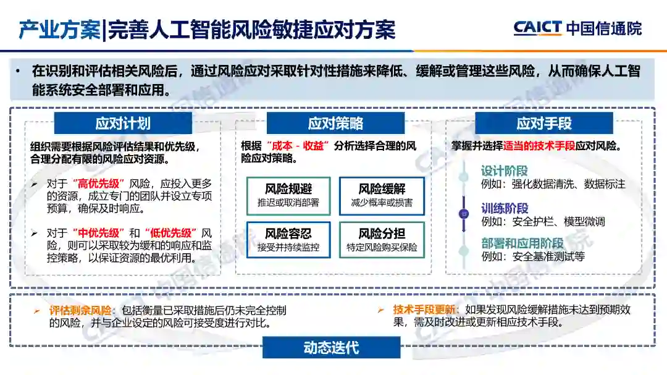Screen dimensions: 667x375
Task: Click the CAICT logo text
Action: pos(537,28)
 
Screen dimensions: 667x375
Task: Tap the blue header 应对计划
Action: pos(122,124)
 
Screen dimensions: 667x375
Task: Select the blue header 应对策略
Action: pos(335,124)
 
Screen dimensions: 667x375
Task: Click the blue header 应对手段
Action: pos(543,124)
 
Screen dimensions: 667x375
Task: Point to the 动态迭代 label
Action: pos(331,348)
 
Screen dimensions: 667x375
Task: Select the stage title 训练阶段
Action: pos(504,208)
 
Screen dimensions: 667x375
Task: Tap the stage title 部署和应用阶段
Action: pos(522,243)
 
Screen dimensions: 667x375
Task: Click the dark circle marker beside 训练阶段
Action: pos(464,214)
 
